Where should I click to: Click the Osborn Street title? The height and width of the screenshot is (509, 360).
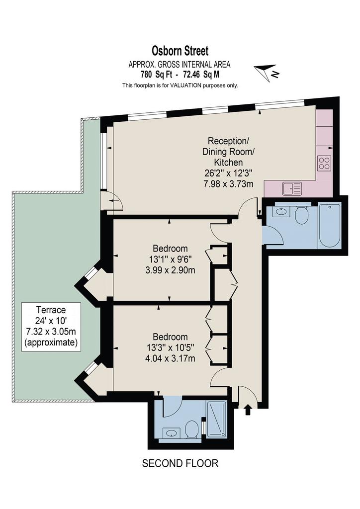180,51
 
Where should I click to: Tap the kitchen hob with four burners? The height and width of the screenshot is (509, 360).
325,163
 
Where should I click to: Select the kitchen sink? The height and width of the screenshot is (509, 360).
292,188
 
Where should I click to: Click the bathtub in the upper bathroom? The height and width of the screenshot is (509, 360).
330,225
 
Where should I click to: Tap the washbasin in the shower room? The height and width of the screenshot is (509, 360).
172,433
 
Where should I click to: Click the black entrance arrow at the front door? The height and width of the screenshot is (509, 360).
248,409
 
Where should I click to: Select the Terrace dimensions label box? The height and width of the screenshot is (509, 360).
51,327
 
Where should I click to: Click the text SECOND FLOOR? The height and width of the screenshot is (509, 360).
180,463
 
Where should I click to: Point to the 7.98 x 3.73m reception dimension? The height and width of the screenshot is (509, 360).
228,184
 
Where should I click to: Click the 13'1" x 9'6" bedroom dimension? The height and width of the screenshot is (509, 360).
170,259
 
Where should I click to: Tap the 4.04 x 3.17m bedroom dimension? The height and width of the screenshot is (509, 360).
171,358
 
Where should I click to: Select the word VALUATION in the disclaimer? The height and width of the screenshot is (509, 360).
186,85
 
